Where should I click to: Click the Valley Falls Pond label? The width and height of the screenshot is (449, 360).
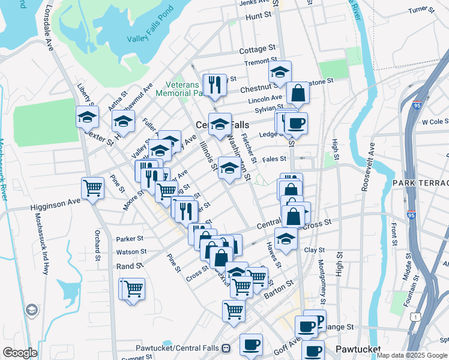point(150,33)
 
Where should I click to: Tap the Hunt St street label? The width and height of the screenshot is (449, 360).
point(259,17)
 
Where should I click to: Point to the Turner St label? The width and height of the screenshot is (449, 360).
point(421,10)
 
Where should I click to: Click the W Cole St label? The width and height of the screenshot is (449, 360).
point(435,122)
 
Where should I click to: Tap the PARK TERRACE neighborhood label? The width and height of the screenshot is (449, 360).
point(420,182)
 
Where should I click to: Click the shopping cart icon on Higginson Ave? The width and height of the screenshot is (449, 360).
point(93,189)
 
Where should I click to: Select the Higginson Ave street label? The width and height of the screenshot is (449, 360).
point(55,205)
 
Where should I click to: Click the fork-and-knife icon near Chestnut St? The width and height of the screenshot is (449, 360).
point(214,85)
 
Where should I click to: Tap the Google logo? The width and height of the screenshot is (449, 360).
point(20,353)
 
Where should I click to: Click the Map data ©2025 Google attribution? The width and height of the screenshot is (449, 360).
point(412,355)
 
